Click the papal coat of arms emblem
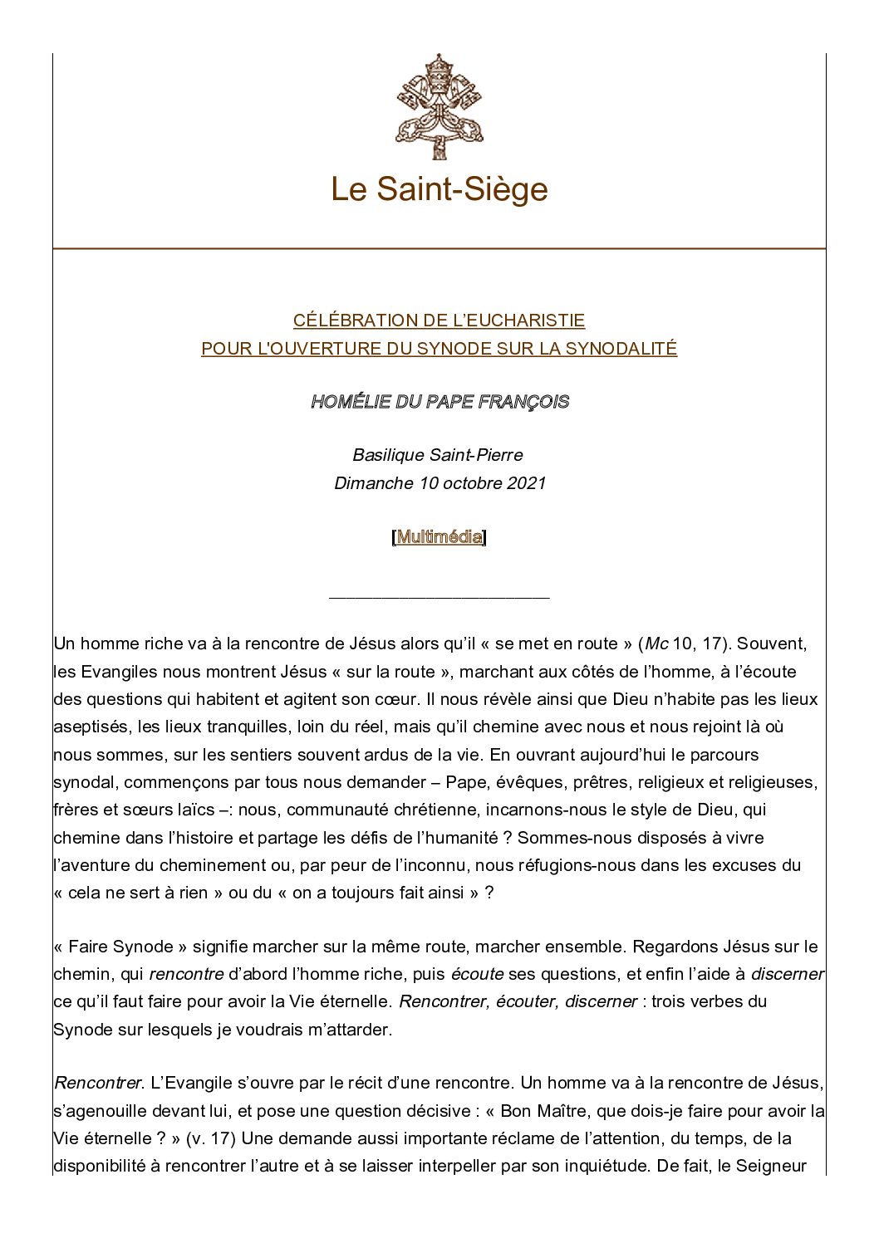point(439,106)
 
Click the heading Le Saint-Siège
point(439,189)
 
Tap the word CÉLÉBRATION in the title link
point(342,321)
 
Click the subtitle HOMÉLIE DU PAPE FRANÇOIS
point(439,402)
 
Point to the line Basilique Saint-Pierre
point(438,455)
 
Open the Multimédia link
point(439,537)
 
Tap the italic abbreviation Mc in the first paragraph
point(657,644)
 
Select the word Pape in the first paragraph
point(464,783)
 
